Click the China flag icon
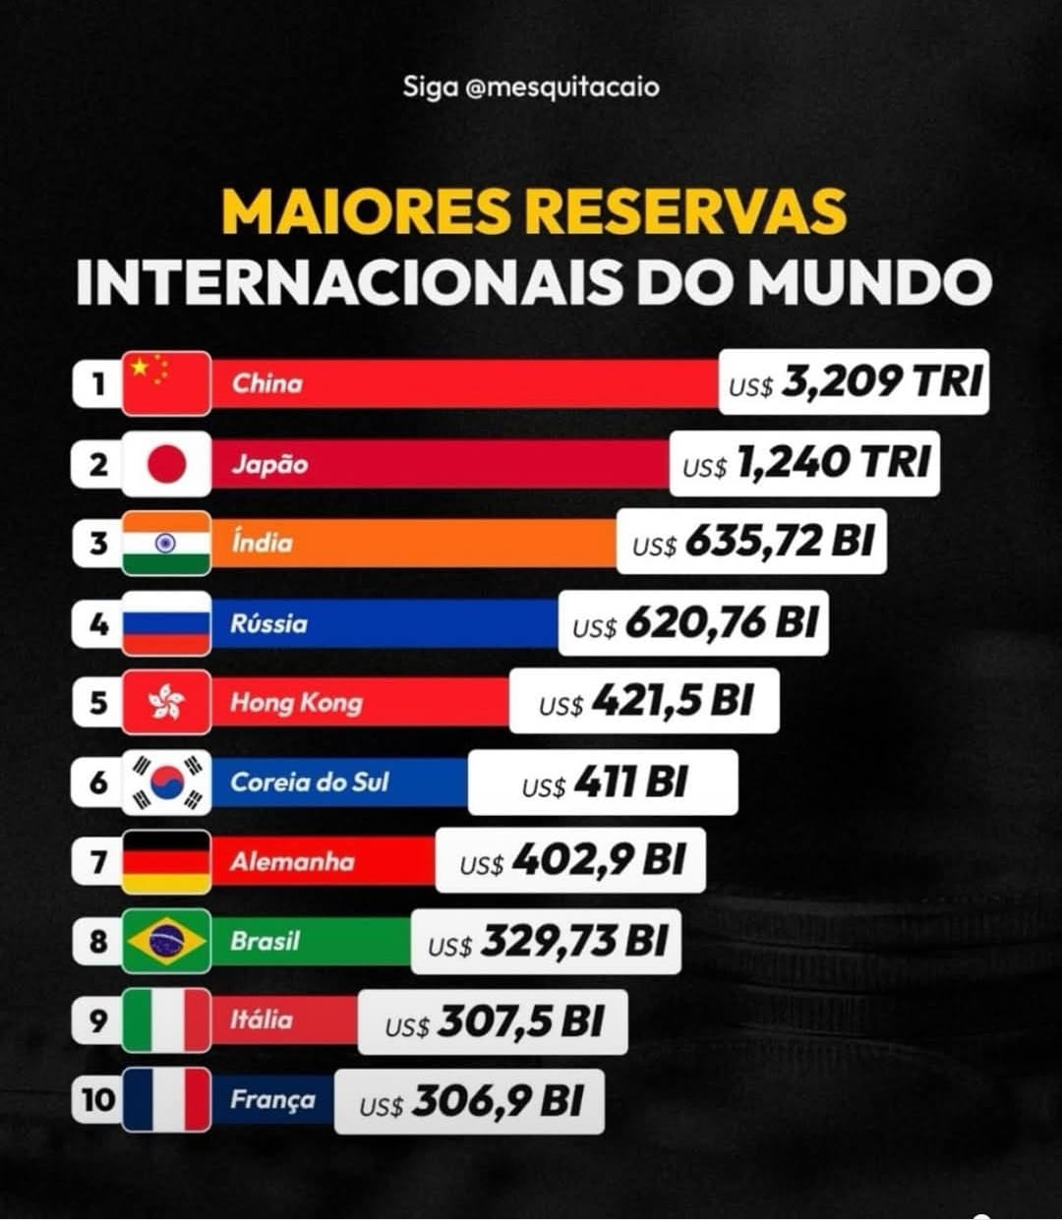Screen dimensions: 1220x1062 pyautogui.click(x=166, y=382)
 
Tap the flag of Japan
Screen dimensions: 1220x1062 pyautogui.click(x=166, y=463)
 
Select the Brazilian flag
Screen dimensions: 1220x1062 pyautogui.click(x=166, y=941)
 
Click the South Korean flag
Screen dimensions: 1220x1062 pyautogui.click(x=166, y=782)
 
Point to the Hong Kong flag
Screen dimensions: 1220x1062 pyautogui.click(x=166, y=702)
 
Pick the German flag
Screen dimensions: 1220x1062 pyautogui.click(x=166, y=861)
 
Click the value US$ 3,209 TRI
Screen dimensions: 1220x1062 pyautogui.click(x=854, y=381)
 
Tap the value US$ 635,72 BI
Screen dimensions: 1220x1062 pyautogui.click(x=752, y=542)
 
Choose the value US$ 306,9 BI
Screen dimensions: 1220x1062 pyautogui.click(x=470, y=1101)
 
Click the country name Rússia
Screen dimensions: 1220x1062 pyautogui.click(x=268, y=623)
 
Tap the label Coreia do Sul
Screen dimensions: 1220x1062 pyautogui.click(x=310, y=783)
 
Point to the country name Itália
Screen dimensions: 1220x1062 pyautogui.click(x=261, y=1019)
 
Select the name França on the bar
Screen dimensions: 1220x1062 pyautogui.click(x=272, y=1099)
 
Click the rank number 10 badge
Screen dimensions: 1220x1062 pyautogui.click(x=97, y=1100)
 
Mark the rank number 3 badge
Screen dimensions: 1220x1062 pyautogui.click(x=97, y=543)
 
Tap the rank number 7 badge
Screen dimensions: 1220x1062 pyautogui.click(x=97, y=862)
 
